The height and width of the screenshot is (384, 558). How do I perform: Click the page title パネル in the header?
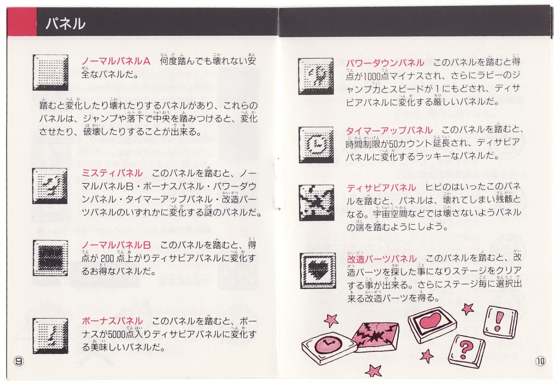point(66,24)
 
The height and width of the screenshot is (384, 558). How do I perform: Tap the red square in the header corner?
point(22,22)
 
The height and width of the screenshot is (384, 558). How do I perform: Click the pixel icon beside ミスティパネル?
point(50,186)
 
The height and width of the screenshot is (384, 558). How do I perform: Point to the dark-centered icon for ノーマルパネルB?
point(50,258)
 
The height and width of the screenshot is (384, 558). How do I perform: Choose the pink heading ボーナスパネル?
point(112,321)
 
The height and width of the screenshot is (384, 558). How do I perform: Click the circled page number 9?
point(19,361)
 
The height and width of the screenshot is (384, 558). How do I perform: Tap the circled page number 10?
point(540,361)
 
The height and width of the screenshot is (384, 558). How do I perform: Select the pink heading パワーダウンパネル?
point(385,63)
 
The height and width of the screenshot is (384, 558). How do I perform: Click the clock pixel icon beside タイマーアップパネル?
point(316,145)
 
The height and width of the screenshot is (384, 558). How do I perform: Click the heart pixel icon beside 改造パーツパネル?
point(318,270)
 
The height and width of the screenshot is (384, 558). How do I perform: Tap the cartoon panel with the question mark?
point(467,351)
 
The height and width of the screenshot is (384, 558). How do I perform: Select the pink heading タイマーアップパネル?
point(389,130)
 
